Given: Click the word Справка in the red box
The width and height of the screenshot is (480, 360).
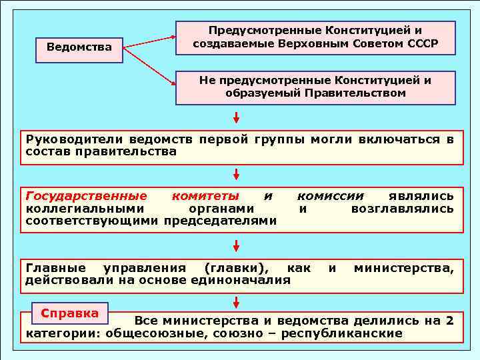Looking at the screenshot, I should tap(70, 313).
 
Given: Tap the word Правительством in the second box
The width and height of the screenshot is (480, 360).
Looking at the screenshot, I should tap(355, 93).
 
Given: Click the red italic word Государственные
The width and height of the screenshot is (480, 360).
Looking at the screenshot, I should tap(86, 196).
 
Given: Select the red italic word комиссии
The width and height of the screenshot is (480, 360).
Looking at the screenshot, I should tap(331, 196).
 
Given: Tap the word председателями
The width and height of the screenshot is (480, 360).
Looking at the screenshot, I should tap(220, 221).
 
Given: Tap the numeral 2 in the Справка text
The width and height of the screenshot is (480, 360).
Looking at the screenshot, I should tap(450, 321).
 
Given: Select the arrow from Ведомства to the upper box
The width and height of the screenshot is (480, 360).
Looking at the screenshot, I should tap(150, 42).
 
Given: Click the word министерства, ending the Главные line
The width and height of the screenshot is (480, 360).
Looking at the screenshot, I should tap(403, 268).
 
